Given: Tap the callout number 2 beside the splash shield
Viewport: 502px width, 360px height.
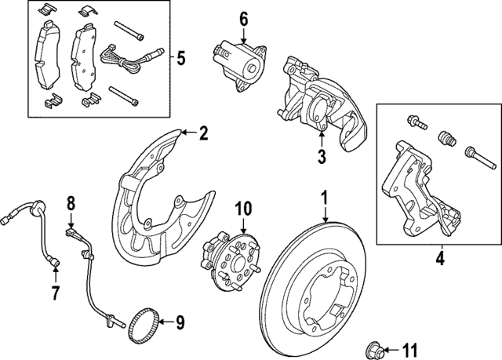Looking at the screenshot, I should coord(202,133).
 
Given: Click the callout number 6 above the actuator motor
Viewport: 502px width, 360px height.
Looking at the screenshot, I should coord(243,18).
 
